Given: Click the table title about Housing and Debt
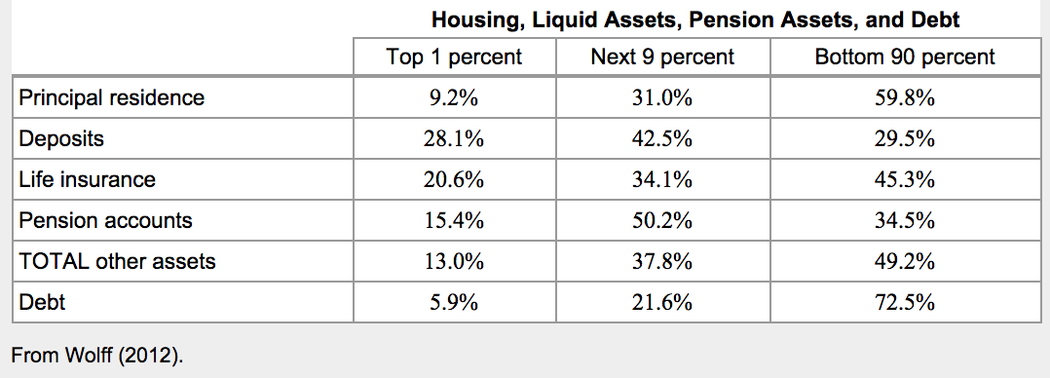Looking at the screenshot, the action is click(x=695, y=20).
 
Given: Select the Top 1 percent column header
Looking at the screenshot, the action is click(x=453, y=57).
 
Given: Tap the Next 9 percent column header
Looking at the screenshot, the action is click(x=662, y=57).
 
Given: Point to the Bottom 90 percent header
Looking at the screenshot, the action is click(x=905, y=57).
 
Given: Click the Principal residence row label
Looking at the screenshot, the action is click(x=112, y=97).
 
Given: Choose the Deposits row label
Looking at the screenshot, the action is click(x=61, y=138).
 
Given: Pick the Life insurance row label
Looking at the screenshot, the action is click(x=87, y=179).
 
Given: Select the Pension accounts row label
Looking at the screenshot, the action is click(x=106, y=220).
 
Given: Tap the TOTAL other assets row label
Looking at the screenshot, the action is click(x=117, y=261).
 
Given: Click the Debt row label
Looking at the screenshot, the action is click(x=42, y=302).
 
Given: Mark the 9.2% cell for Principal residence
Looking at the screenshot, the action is click(x=453, y=99).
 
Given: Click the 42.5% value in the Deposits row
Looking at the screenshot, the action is click(x=662, y=139).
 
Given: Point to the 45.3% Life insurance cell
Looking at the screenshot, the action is click(x=905, y=180).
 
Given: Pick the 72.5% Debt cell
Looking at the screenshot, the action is click(x=905, y=303).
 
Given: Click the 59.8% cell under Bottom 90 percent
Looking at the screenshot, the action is click(x=905, y=99).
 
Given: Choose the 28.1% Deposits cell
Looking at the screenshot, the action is click(x=453, y=139).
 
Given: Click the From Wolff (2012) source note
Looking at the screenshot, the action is click(x=97, y=356).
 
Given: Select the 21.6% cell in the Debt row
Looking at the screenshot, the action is click(x=662, y=303).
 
